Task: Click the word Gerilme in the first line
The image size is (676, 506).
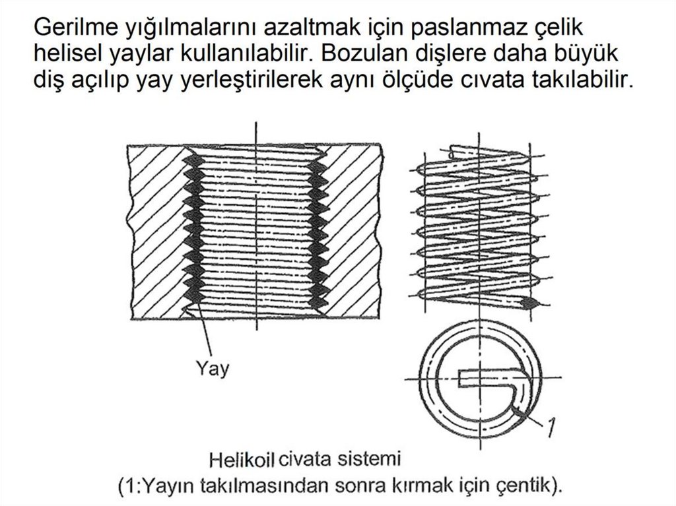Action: click(x=75, y=27)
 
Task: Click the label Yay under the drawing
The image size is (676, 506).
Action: click(x=213, y=369)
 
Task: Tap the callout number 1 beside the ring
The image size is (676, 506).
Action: click(x=550, y=427)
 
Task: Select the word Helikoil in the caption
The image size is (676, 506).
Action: click(x=242, y=460)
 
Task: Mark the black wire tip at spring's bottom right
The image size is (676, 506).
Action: click(x=530, y=303)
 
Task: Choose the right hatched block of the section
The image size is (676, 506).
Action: click(x=351, y=232)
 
